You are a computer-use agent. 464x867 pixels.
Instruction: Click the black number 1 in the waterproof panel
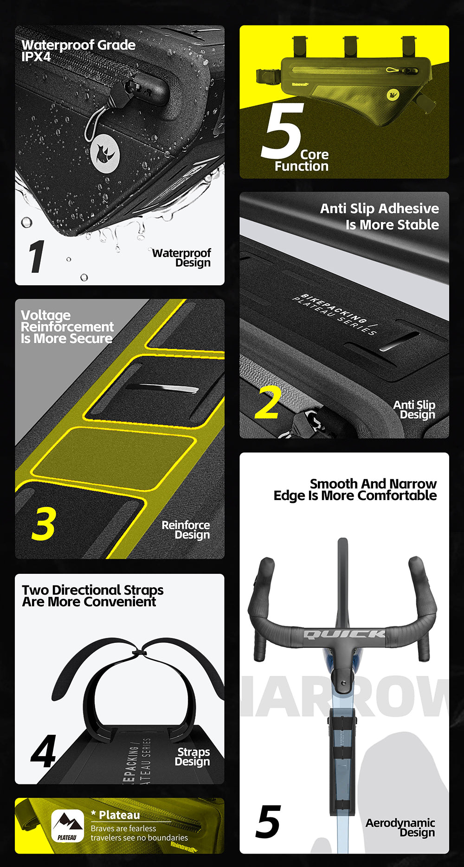tap(37, 257)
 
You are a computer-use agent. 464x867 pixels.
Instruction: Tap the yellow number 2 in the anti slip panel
tap(268, 402)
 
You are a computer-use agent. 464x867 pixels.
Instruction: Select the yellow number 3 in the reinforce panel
tap(44, 523)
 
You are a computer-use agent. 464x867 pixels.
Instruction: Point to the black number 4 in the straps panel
tap(44, 751)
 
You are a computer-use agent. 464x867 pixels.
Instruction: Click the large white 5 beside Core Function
tap(282, 131)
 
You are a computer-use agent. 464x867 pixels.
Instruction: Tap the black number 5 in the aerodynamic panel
tap(268, 822)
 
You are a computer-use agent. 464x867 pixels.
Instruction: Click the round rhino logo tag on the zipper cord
tap(105, 154)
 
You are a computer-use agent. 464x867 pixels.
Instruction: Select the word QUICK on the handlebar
tap(344, 634)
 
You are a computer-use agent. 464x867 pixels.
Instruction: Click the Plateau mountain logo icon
tap(67, 825)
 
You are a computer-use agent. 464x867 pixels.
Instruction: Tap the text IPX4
tap(36, 57)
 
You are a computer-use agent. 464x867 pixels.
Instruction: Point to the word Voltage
tap(45, 316)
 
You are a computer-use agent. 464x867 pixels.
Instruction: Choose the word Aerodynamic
tap(400, 823)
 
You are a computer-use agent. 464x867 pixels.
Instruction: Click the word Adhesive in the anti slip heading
tap(409, 209)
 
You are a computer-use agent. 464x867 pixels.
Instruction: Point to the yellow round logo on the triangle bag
tap(393, 95)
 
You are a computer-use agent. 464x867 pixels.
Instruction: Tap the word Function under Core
tap(302, 166)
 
